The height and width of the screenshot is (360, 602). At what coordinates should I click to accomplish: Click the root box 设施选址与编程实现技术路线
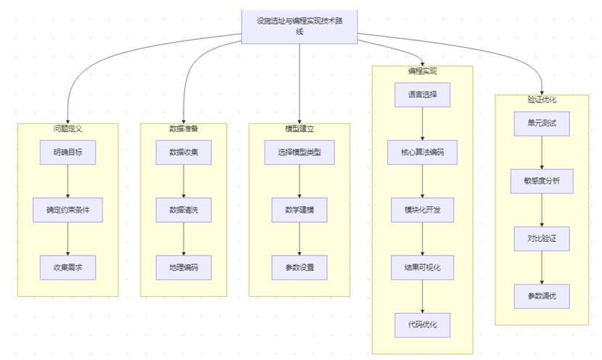(x=300, y=25)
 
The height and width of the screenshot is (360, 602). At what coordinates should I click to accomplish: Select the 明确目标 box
(x=67, y=152)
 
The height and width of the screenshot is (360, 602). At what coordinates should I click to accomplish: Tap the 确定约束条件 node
(x=67, y=210)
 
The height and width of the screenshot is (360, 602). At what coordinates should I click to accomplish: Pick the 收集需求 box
(x=67, y=267)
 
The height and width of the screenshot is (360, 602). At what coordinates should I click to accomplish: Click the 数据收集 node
(x=184, y=152)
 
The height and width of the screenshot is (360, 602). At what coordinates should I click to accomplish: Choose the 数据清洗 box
(x=184, y=210)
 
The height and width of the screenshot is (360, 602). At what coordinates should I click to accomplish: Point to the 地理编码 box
(x=184, y=267)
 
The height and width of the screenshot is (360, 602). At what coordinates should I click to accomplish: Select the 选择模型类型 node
(x=299, y=152)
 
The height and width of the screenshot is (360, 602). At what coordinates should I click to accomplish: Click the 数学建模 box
(x=299, y=210)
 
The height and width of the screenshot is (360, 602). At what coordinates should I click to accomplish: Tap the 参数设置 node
(x=299, y=267)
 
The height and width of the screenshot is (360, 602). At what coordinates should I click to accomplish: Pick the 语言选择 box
(x=423, y=95)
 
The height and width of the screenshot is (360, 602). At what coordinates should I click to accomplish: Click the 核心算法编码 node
(x=423, y=152)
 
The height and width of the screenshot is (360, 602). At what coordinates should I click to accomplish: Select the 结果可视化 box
(x=423, y=268)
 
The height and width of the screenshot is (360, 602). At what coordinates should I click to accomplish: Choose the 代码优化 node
(x=423, y=324)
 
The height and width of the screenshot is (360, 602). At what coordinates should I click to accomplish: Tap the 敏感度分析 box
(x=543, y=181)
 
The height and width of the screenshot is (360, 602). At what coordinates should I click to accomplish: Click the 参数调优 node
(x=543, y=295)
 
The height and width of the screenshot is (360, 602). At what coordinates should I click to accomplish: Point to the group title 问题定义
(x=67, y=128)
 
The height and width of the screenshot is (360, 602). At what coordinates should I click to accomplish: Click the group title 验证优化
(x=543, y=99)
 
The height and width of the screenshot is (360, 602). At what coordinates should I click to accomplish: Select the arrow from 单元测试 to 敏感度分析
(x=543, y=152)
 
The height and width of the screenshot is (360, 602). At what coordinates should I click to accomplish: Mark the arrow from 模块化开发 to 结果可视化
(x=423, y=239)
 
